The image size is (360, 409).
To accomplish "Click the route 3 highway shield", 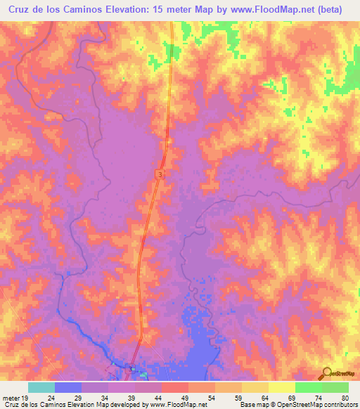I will [160, 174].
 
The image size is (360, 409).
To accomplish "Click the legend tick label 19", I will [25, 397].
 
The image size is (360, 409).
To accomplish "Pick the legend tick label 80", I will [345, 397].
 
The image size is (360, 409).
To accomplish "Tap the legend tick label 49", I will [184, 397].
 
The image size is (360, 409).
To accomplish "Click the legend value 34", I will [104, 397].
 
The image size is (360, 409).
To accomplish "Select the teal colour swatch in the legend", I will [41, 387].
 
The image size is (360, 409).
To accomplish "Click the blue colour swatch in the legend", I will [68, 387].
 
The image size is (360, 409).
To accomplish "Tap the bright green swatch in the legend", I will [309, 387].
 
